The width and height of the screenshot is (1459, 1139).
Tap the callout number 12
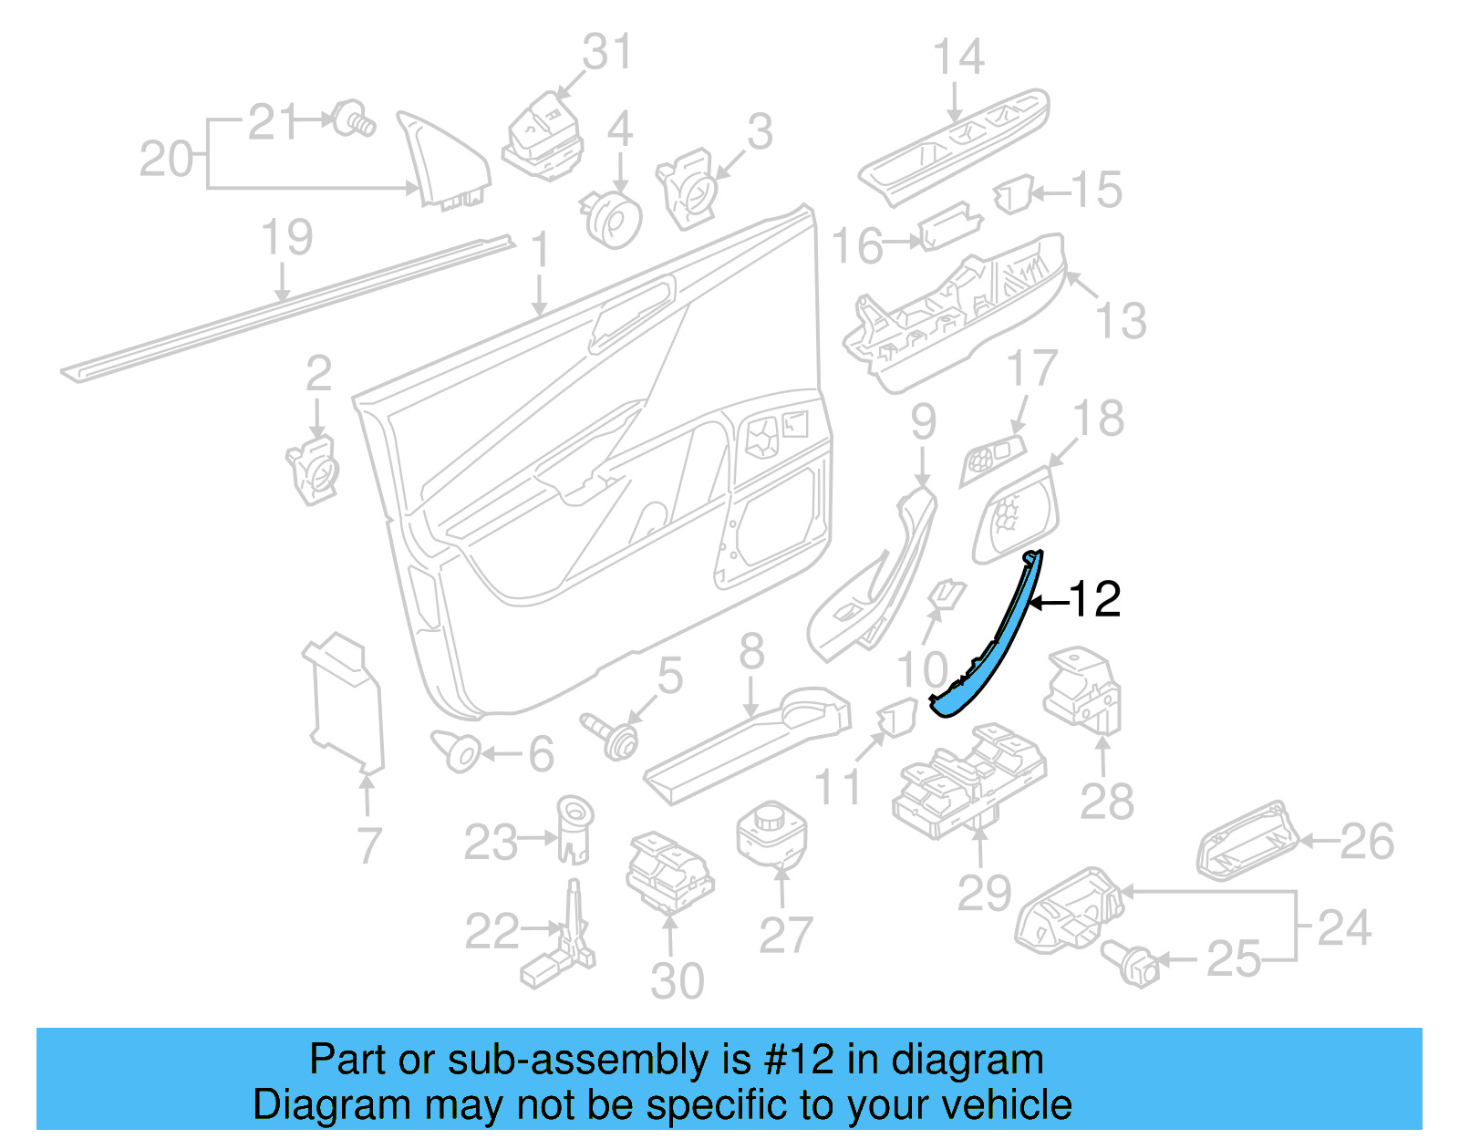[1093, 600]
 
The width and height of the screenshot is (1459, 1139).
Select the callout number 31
[606, 52]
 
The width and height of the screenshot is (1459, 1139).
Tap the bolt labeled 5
[612, 735]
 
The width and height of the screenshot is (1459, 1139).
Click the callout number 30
[677, 981]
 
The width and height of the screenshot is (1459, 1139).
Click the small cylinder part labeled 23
[574, 828]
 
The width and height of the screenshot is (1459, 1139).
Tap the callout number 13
[1120, 321]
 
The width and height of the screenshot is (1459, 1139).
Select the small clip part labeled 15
[1013, 195]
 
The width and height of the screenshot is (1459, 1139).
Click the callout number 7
[368, 845]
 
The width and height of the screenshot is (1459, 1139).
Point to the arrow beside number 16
[903, 242]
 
